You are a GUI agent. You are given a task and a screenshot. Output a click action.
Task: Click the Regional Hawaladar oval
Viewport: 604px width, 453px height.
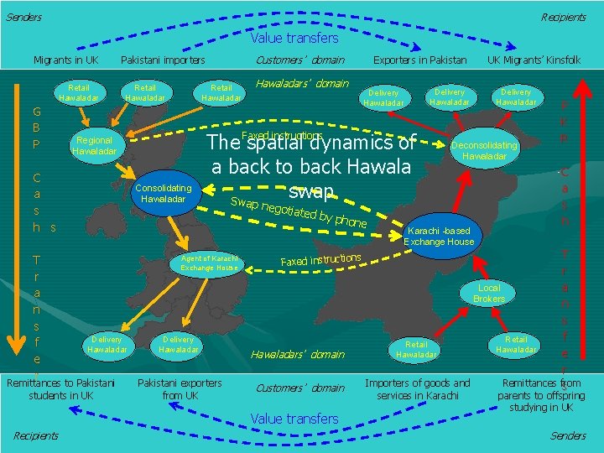[94, 146]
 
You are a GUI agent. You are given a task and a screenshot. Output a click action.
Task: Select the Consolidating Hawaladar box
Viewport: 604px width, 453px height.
[164, 193]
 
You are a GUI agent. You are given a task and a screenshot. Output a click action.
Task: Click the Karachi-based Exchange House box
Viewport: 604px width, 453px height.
[439, 237]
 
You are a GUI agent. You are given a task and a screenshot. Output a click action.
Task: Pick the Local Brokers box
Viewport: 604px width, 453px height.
[488, 294]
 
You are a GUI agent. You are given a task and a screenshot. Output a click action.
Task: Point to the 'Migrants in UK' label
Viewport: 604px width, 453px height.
[65, 60]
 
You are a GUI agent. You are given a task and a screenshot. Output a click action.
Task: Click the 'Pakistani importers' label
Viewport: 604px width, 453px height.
[163, 60]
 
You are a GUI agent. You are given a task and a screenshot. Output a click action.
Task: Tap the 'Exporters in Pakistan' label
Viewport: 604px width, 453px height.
[419, 60]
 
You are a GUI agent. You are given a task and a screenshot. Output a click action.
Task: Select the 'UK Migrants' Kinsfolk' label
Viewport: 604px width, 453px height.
[534, 60]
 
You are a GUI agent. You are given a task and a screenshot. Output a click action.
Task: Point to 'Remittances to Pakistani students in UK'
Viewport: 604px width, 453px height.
[60, 389]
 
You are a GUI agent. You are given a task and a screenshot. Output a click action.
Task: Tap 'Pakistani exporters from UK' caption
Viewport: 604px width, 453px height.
[180, 389]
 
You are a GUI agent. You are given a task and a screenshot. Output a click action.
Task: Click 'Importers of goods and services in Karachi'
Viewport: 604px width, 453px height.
[418, 389]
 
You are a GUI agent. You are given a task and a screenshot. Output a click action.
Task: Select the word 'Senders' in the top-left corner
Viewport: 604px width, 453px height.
[23, 18]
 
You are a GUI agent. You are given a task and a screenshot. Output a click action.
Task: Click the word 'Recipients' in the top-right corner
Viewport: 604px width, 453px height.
[563, 18]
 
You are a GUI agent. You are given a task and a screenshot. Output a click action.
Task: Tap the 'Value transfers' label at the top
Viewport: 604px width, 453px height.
[294, 38]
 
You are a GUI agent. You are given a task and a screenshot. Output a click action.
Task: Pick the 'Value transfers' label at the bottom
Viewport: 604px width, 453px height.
[294, 419]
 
